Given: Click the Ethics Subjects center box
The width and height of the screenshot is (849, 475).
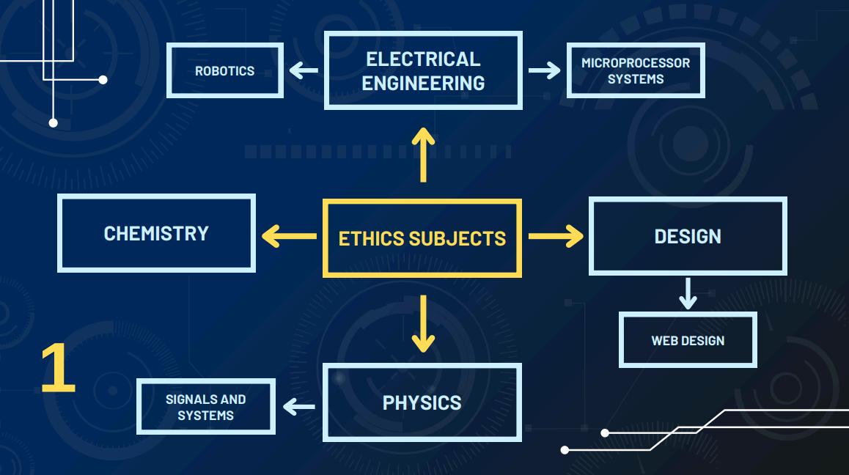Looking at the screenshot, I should coord(422,238).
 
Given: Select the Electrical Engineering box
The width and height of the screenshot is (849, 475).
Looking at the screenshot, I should coord(423,70).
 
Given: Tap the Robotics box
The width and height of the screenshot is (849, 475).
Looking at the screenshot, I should coord(225,71).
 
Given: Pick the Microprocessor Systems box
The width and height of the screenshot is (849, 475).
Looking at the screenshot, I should coord(636,71).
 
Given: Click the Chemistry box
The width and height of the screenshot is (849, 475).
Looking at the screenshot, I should coord(156,233).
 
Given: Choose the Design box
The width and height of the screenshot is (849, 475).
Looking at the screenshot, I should coord(688,236).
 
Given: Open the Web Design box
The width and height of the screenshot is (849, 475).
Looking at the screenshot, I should coord(688,340).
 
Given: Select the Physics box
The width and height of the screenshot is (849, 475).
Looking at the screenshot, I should coord(422,402).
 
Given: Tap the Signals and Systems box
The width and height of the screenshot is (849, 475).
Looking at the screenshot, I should coord(206,407).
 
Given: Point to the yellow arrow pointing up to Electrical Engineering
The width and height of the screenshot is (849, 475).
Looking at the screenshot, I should coord(423,155).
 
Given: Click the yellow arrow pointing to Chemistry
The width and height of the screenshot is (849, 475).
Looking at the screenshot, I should coord(289,236).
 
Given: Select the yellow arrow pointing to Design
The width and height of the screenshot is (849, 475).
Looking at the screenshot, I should coord(556,236).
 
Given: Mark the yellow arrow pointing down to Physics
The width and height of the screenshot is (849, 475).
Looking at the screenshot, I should coord(423,323).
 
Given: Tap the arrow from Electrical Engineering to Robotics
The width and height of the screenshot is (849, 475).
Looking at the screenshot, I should coord(304,71).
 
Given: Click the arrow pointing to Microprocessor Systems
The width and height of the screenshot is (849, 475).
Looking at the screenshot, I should coord(544,71).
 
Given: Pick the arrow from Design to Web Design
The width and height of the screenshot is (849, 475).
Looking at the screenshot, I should coord(688,293).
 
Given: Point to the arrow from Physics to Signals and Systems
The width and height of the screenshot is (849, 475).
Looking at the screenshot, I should coord(299,406).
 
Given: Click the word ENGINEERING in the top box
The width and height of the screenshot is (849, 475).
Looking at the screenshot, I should coord(423,83).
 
